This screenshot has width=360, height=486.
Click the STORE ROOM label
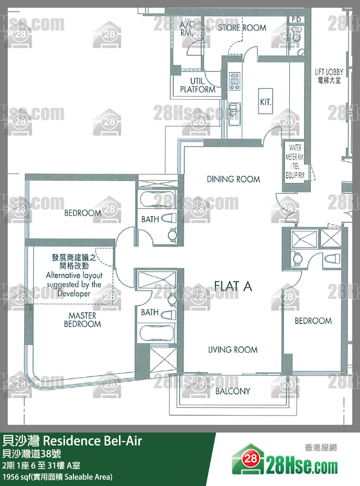click(242, 27)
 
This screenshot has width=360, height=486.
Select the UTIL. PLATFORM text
click(198, 85)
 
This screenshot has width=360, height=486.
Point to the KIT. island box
click(265, 101)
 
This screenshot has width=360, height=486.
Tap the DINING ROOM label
click(233, 179)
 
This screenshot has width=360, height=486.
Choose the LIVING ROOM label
click(233, 349)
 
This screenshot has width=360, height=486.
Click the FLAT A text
click(233, 286)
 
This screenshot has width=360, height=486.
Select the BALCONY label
click(233, 391)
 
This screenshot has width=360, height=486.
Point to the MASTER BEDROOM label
click(83, 320)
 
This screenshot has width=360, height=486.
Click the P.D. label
click(297, 20)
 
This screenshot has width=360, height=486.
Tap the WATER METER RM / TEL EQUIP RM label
click(295, 161)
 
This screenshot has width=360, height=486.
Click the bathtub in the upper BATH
click(157, 199)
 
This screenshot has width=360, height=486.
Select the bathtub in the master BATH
click(157, 333)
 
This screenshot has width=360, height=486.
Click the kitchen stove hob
click(234, 81)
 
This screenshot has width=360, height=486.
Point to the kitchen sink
click(234, 114)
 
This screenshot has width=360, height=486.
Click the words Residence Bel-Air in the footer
click(92, 441)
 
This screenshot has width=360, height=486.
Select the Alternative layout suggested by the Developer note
click(74, 284)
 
